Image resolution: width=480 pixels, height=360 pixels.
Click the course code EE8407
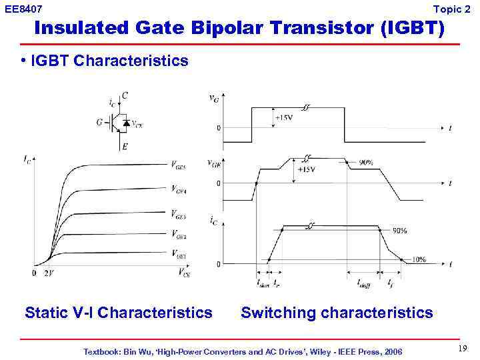click(24, 9)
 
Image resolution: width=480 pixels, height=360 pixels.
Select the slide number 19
click(462, 349)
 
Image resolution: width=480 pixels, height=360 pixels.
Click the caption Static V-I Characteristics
click(119, 312)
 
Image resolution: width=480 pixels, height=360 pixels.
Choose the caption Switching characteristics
click(337, 312)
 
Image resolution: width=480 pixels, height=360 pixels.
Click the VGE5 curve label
click(178, 165)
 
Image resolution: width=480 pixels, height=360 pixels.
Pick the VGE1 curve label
click(178, 254)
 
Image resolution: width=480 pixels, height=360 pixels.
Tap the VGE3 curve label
click(178, 215)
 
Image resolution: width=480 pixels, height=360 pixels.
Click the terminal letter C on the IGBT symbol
click(125, 96)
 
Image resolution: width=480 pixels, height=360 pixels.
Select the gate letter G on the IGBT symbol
click(99, 122)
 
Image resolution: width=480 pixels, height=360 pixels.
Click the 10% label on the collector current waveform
click(418, 259)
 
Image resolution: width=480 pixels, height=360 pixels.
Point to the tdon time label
click(263, 283)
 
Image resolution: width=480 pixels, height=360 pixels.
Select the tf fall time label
click(390, 283)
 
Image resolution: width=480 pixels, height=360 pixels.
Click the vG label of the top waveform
click(214, 99)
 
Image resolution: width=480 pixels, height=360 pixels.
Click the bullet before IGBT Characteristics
click(23, 61)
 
